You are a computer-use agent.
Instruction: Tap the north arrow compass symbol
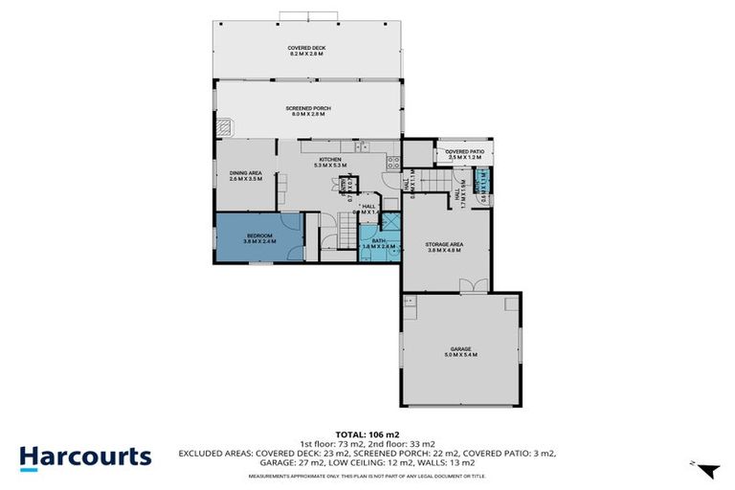point(706,470)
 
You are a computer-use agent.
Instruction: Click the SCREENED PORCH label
point(307,108)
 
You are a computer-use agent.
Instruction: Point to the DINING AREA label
point(246,173)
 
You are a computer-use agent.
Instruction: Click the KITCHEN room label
point(330,159)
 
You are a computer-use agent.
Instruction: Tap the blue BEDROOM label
point(259,235)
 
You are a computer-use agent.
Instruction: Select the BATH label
point(378,241)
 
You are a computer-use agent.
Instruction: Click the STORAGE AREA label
point(444,245)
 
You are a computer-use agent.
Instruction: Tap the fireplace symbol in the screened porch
point(224,128)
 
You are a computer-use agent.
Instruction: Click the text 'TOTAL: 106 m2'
point(367,434)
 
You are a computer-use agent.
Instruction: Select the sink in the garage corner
point(410,301)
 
